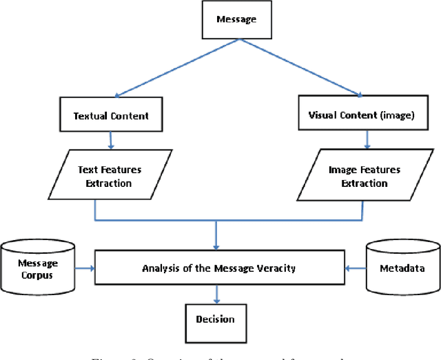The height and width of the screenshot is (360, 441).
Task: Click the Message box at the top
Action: coord(237,19)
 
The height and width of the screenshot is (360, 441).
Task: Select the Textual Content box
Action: coord(111,116)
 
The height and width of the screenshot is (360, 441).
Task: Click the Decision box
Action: coord(215,319)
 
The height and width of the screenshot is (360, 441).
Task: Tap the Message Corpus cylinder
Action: coord(39,268)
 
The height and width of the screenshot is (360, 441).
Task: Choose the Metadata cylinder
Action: coord(403,268)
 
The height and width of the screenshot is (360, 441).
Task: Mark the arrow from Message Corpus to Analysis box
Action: coord(85,268)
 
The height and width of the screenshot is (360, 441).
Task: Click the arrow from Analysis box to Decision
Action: coord(217,294)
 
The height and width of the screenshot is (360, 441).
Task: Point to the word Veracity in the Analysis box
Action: coord(271,268)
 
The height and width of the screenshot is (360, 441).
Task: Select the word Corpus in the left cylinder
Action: coord(39,274)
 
